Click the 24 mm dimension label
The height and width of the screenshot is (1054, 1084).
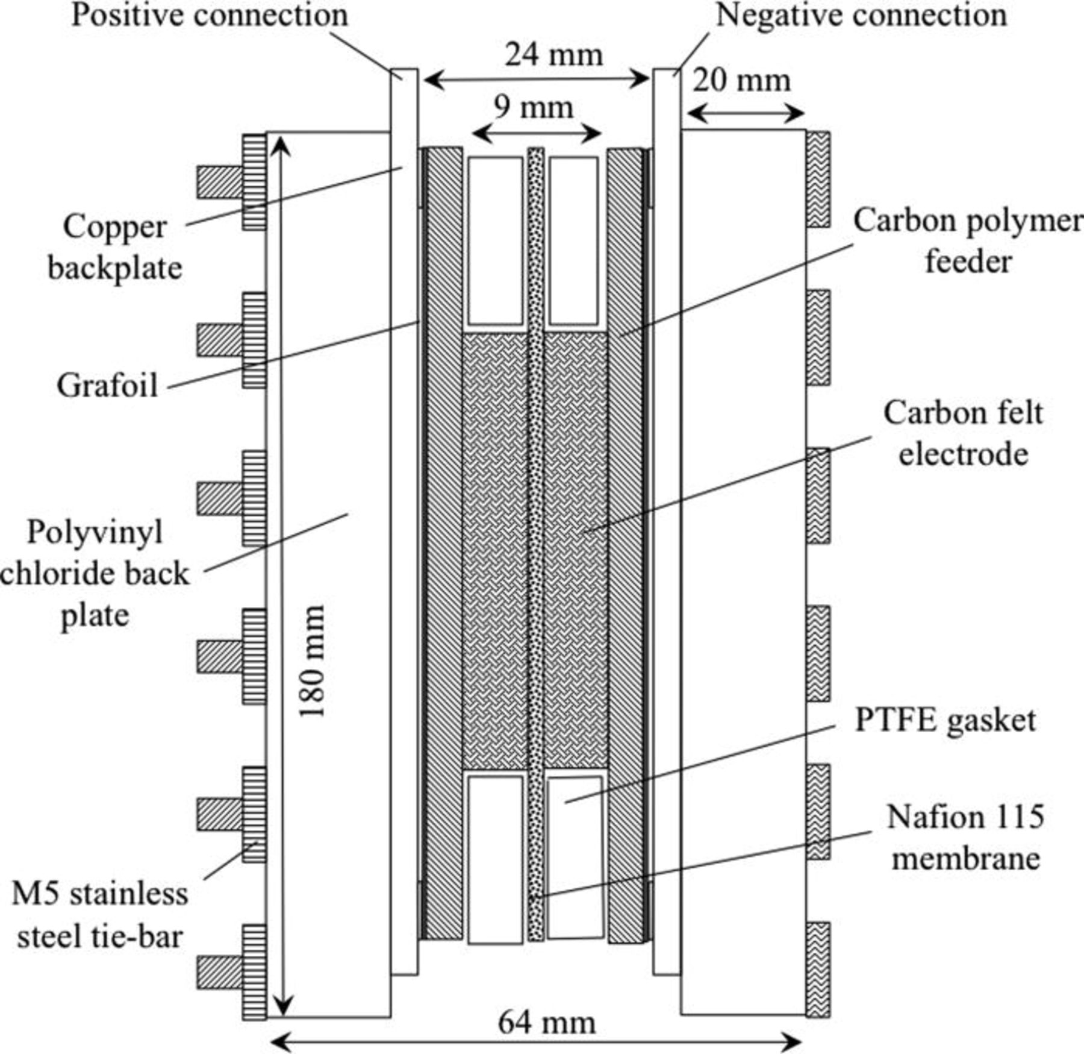553,55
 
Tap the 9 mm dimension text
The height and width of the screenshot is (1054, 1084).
533,108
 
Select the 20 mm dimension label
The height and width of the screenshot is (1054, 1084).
741,81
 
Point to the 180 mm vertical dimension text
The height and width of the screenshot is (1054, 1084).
313,661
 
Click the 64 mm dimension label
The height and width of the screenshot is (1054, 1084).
546,1023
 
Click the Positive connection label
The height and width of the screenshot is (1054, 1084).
210,15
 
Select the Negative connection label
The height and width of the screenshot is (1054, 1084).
861,15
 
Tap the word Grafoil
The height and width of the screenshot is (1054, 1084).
107,386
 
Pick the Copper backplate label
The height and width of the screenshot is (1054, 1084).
114,247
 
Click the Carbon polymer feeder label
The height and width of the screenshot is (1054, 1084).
967,241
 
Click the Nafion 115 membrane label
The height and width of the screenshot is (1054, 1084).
965,838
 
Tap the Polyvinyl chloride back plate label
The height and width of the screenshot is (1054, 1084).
95,574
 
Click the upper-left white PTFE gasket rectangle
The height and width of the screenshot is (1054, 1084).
495,240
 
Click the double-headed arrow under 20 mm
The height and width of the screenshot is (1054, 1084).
745,113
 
